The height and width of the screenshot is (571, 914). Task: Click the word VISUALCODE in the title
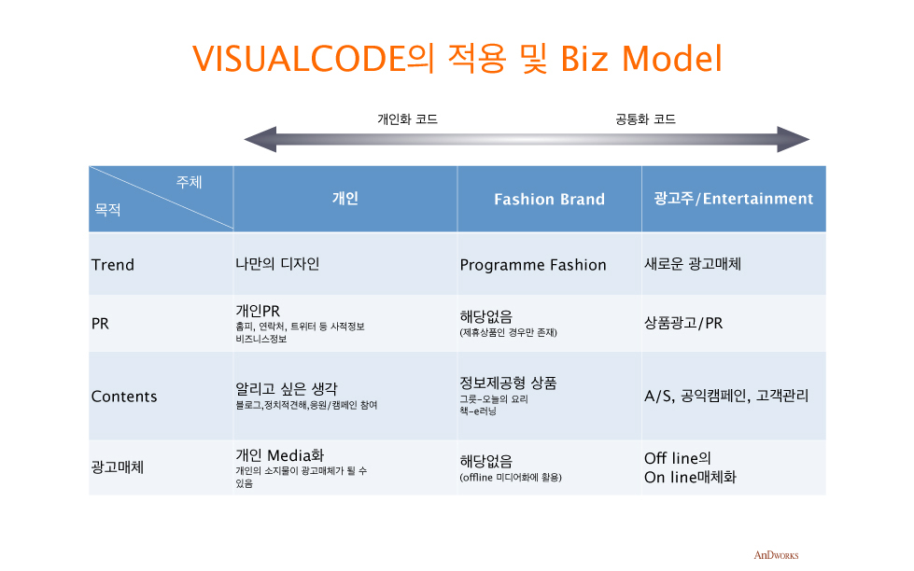click(299, 59)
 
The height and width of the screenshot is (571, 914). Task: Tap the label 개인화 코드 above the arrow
click(407, 119)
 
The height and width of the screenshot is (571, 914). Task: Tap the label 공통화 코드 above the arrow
click(645, 119)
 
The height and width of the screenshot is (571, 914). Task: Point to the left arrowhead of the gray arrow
click(260, 140)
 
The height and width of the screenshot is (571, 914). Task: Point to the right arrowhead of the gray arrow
click(794, 140)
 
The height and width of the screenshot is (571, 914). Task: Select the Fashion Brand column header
click(549, 200)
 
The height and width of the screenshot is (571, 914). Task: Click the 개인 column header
click(345, 198)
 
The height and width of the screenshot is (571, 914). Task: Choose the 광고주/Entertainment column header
click(733, 199)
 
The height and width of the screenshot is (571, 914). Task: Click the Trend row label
click(113, 265)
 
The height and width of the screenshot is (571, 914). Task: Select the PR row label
click(100, 324)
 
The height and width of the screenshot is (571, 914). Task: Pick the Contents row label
click(124, 397)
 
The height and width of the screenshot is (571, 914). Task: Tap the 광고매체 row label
click(117, 467)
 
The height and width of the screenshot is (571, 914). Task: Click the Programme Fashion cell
click(533, 265)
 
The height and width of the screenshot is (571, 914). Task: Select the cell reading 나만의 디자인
click(277, 264)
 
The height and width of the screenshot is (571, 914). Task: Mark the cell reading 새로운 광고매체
click(693, 264)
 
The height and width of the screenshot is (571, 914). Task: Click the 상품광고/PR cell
click(683, 323)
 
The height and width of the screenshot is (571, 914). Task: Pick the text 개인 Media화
click(280, 455)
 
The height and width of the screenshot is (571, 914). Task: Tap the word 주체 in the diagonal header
click(189, 182)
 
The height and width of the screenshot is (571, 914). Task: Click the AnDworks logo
click(776, 555)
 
